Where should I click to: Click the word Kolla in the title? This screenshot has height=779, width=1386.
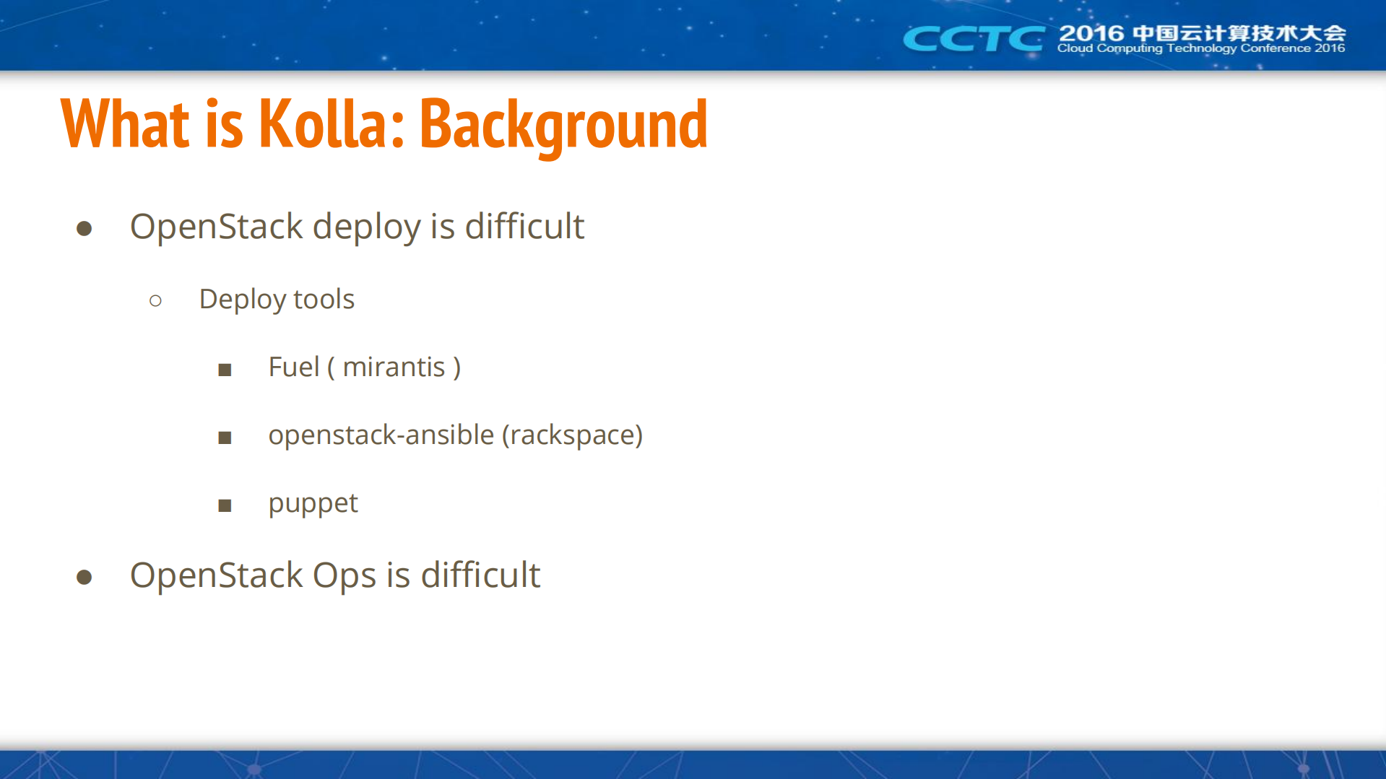324,123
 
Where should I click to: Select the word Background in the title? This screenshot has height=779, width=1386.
563,126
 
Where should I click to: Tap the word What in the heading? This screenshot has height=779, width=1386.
126,123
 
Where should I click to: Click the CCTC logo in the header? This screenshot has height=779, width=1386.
974,38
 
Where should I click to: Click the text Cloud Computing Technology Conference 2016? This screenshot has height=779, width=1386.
1201,48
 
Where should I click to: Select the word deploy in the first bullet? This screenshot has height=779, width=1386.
366,228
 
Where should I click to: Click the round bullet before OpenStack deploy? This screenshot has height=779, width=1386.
85,229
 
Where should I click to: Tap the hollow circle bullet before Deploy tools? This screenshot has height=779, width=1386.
155,300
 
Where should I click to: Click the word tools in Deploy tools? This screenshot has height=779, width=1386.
324,299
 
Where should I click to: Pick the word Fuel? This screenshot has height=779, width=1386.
294,367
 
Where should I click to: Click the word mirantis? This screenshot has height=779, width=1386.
394,367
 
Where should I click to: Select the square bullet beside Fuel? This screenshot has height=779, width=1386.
225,370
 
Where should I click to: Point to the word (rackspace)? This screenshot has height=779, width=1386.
572,435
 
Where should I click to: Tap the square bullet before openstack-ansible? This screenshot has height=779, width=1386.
225,438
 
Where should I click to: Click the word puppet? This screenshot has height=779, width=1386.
313,504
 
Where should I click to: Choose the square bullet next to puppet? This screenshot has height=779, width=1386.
225,505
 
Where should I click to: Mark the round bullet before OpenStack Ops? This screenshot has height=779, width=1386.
85,577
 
